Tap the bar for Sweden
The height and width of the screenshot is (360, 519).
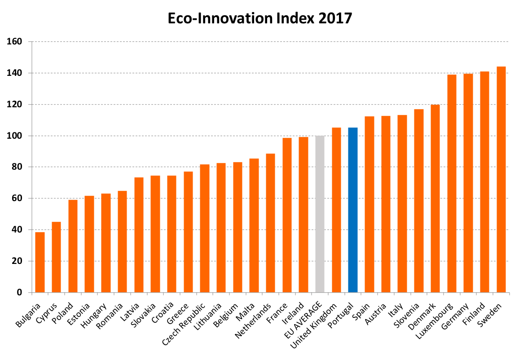(501, 180)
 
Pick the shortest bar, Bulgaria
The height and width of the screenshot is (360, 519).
(40, 262)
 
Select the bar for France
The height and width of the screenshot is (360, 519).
(287, 215)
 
